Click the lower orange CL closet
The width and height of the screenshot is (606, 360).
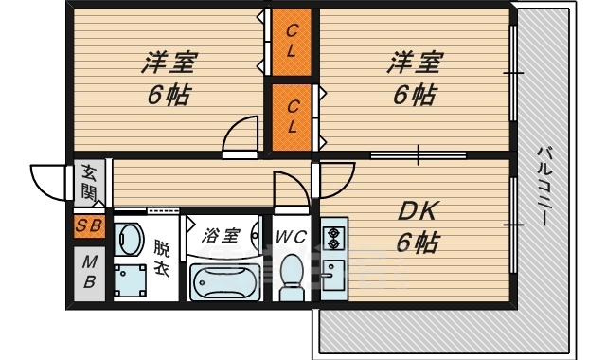pos(292,116)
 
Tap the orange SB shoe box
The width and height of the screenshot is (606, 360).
pos(89,225)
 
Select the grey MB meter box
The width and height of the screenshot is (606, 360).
pos(89,271)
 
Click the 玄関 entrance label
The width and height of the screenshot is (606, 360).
pos(89,184)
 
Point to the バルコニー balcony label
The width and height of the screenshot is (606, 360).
pos(544,185)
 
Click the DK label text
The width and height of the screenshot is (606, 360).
pos(415,210)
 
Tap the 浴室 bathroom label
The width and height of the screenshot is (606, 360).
pos(221,235)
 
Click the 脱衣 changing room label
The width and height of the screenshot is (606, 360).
pos(162,257)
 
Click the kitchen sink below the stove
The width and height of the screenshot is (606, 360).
pos(332,276)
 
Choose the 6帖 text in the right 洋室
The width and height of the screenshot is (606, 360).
pos(414,95)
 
